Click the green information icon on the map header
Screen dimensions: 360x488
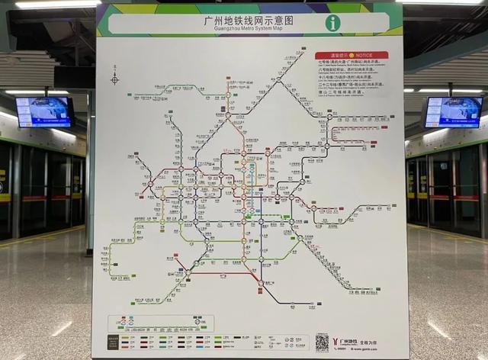pos(333,23)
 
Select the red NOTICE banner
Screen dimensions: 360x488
pos(352,56)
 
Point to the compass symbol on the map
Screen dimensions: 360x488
pos(114,79)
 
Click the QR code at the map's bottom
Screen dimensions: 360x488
pos(323,342)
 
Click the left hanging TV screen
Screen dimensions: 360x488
pos(44,112)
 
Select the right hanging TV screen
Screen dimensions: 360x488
pos(453,112)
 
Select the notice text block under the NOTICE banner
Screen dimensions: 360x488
pos(352,81)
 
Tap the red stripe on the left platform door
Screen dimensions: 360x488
pos(46,198)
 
